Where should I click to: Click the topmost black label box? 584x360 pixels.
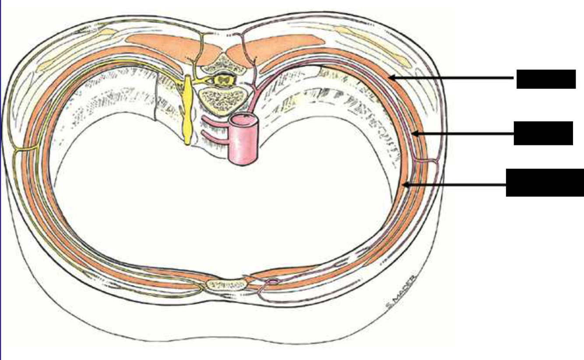point(546,79)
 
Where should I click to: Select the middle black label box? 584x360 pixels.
point(543,133)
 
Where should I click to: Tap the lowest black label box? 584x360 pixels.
point(545,182)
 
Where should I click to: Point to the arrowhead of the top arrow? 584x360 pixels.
point(391,78)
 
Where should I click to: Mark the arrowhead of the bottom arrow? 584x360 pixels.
point(405,185)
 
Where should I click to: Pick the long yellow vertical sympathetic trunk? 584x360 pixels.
point(187,109)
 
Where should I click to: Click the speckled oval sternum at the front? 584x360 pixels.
point(227,285)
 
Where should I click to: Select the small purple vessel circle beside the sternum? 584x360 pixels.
point(274,281)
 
